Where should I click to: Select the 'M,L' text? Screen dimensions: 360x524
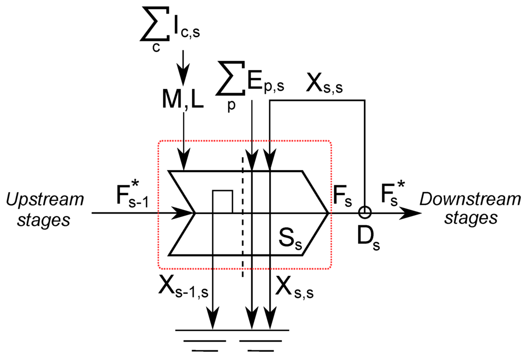click(183, 99)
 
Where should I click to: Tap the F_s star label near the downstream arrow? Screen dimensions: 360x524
click(393, 195)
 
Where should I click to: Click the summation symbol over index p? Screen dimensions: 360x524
click(230, 82)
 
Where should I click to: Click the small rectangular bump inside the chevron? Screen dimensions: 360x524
click(223, 200)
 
